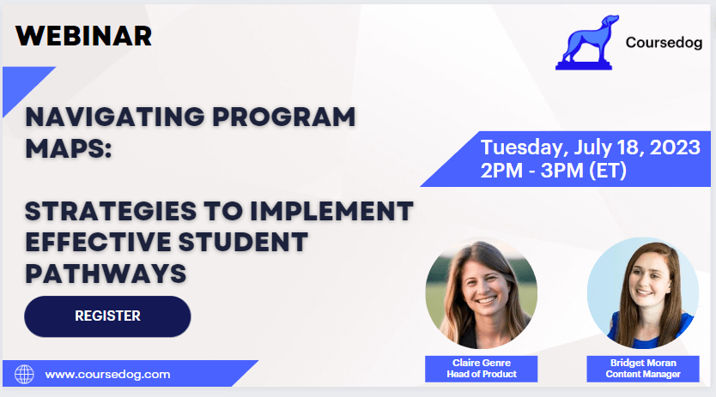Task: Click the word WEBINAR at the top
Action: [83, 36]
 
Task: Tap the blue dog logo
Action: [587, 43]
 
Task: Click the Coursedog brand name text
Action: [664, 42]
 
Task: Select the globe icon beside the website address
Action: [24, 374]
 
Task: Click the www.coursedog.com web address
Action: [108, 374]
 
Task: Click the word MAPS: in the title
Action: [69, 148]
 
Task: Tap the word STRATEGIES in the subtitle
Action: [111, 211]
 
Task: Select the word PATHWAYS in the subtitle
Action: [106, 274]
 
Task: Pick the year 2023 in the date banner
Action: [675, 147]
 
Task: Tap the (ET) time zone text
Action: [607, 171]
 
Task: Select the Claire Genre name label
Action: [482, 363]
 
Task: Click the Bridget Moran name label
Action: [643, 363]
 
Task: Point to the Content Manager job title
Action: [643, 374]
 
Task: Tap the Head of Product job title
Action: [482, 374]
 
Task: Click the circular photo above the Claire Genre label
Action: [482, 293]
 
